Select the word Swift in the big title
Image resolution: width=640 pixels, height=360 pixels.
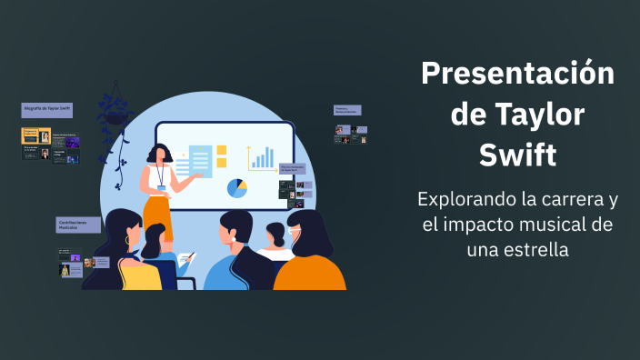click(517, 155)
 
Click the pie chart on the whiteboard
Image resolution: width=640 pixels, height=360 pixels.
click(237, 188)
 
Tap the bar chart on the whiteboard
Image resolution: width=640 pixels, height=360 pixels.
click(262, 159)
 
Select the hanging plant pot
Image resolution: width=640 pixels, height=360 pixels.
click(116, 116)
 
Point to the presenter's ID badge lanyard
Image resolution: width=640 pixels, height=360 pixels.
click(160, 175)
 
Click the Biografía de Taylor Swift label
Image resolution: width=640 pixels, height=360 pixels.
click(47, 110)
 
